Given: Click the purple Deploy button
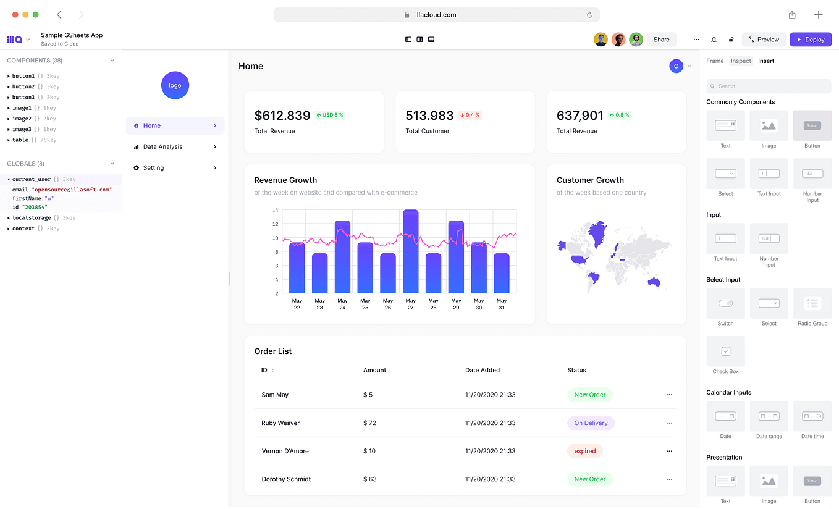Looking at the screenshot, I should coord(811,40).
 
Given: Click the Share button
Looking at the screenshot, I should coord(661,40).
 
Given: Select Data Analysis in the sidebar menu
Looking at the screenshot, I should coord(162,147).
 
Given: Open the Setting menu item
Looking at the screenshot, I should coord(153,168).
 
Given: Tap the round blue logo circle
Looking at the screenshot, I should coord(175,85).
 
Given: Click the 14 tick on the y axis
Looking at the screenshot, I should coord(276,211).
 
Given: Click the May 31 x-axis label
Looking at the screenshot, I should coord(501,305).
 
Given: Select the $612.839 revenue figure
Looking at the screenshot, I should coord(282,116).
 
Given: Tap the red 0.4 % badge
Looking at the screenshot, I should coord(470,115).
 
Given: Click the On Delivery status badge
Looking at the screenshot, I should coord(591,423).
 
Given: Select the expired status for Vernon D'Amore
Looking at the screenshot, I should coord(584,451).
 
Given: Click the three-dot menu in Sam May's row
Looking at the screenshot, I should coord(669,395).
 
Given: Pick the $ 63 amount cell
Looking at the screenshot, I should coord(370,479).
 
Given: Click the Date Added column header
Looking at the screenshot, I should coord(483,370).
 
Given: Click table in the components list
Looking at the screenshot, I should coord(20,140).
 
